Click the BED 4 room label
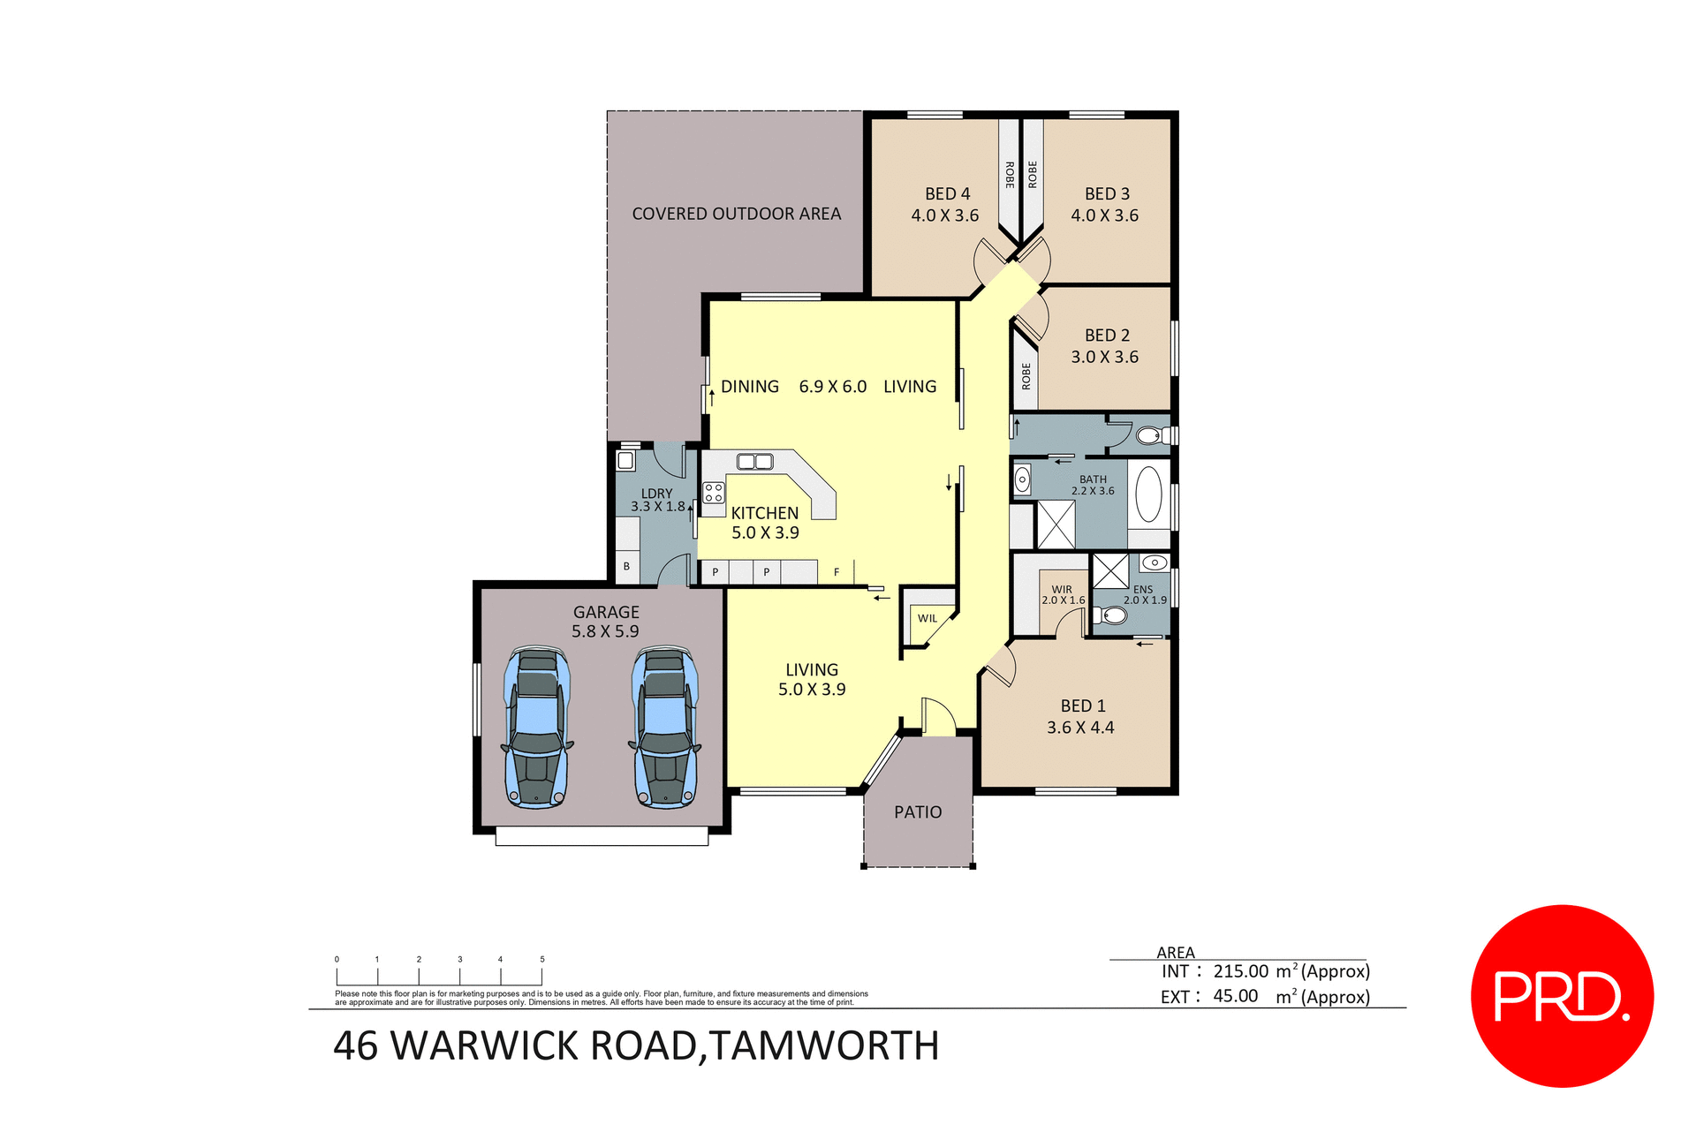947,193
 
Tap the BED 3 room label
1107,193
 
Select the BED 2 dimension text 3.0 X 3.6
1104,357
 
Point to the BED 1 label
1083,706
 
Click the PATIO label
918,812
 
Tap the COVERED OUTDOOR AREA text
736,214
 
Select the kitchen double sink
754,461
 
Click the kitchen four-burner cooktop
714,493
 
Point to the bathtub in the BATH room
1148,494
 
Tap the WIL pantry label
927,618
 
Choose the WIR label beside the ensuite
1062,589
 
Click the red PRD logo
1562,996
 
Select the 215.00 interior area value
1240,971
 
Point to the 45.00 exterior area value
1235,996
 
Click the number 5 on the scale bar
542,959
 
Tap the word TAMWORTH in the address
824,1046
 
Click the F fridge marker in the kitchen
837,573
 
